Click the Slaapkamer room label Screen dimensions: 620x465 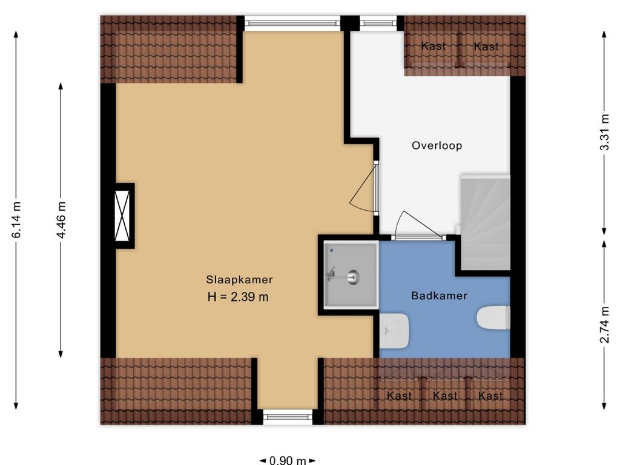tap(239, 280)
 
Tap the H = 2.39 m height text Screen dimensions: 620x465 tap(238, 297)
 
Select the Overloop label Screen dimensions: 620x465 tap(437, 145)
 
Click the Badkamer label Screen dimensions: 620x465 tap(440, 295)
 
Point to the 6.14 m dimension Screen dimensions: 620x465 tap(16, 220)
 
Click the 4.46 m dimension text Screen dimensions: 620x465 tap(61, 220)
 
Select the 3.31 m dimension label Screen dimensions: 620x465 tap(604, 132)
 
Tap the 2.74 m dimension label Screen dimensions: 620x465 tap(604, 325)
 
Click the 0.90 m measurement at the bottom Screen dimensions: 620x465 tap(288, 460)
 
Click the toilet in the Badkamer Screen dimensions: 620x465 tap(493, 317)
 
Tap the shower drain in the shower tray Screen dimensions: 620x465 tap(353, 277)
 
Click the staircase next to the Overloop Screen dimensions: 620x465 tap(485, 223)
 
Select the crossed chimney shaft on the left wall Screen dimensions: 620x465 tap(122, 216)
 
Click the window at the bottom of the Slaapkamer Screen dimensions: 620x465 tap(288, 417)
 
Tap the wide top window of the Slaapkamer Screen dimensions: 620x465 tap(292, 23)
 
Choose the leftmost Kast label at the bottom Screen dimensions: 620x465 tap(399, 395)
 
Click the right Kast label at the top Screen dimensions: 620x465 tap(486, 47)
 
